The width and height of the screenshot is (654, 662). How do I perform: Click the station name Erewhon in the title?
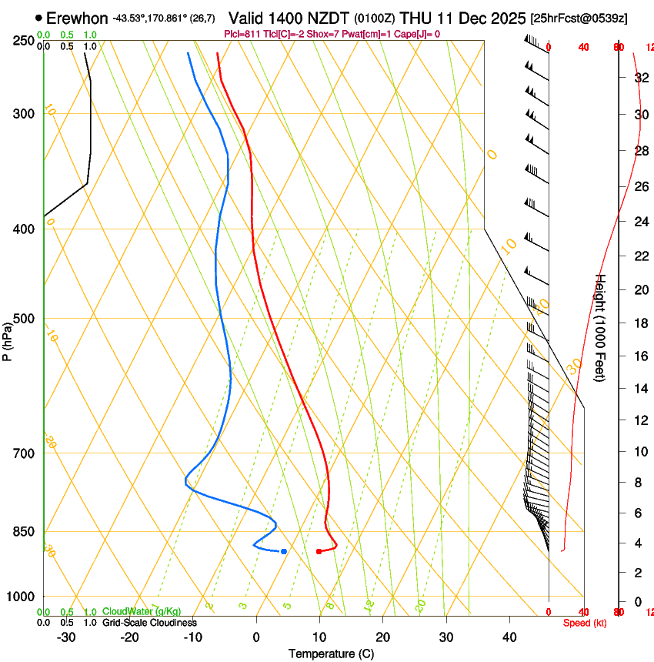pyautogui.click(x=77, y=17)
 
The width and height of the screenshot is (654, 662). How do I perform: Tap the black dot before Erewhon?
pyautogui.click(x=38, y=17)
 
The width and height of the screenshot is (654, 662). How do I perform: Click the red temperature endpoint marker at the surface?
pyautogui.click(x=319, y=551)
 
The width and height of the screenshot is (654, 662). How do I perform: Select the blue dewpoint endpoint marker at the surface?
pyautogui.click(x=284, y=551)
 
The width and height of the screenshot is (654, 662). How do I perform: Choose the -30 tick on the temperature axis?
pyautogui.click(x=66, y=637)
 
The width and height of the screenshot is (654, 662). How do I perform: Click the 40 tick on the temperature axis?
pyautogui.click(x=509, y=637)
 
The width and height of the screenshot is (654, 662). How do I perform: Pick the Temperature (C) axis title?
pyautogui.click(x=331, y=654)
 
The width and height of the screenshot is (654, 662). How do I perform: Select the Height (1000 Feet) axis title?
pyautogui.click(x=601, y=328)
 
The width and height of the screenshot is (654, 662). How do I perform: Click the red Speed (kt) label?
pyautogui.click(x=584, y=623)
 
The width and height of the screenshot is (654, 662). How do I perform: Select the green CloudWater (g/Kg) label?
pyautogui.click(x=142, y=611)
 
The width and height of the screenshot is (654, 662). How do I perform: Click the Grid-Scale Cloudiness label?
pyautogui.click(x=149, y=623)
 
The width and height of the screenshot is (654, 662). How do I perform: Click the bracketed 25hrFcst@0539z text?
pyautogui.click(x=578, y=18)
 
